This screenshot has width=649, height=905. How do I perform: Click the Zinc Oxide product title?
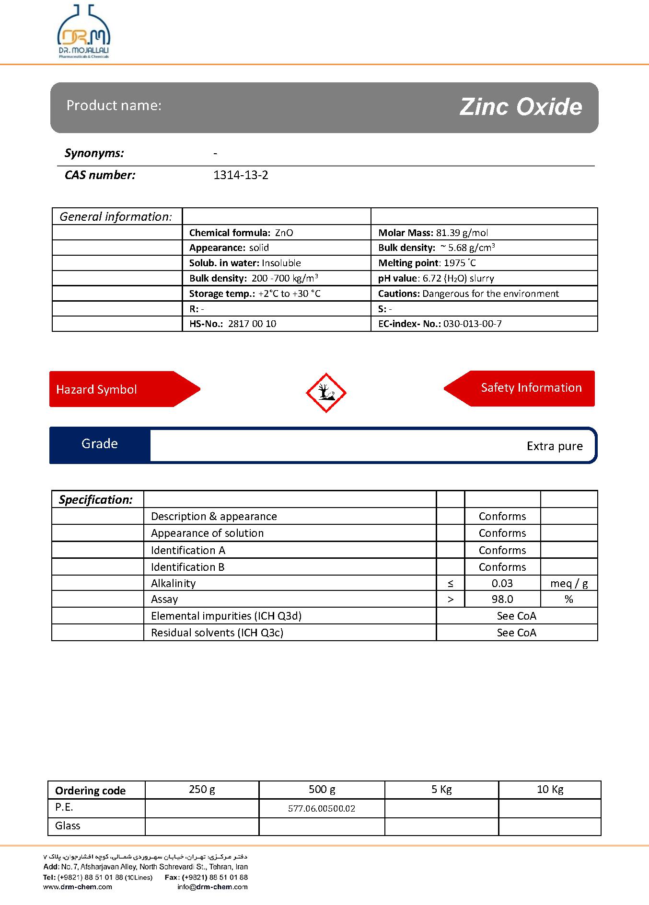(x=521, y=107)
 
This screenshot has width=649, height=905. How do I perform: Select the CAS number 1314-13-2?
(x=241, y=175)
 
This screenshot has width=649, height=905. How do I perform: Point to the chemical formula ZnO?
(x=284, y=233)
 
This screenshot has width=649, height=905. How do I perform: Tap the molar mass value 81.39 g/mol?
(x=462, y=233)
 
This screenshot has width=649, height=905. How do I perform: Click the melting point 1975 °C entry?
(x=427, y=263)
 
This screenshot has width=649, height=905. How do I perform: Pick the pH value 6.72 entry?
(x=436, y=278)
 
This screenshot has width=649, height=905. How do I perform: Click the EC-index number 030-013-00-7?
(x=472, y=324)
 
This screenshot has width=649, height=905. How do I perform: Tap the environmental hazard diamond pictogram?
(x=326, y=393)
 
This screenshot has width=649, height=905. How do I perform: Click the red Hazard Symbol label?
(x=97, y=389)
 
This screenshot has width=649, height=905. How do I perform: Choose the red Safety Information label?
(x=531, y=388)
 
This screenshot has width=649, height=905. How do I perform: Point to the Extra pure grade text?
(x=555, y=446)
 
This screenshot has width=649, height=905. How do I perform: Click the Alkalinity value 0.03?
(x=502, y=583)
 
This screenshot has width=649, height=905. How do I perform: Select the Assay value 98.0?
(x=502, y=600)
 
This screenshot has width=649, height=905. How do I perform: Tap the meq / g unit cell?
(x=569, y=583)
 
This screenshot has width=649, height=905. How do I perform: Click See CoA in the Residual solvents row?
(x=516, y=633)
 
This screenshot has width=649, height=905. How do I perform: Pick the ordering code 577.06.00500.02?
(x=322, y=808)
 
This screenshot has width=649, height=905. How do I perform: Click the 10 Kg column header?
(x=550, y=789)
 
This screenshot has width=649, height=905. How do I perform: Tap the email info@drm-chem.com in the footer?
(x=212, y=887)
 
